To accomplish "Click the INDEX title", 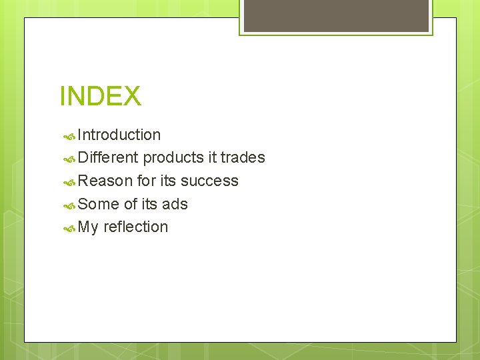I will pyautogui.click(x=100, y=96).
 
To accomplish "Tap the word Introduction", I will pyautogui.click(x=119, y=135).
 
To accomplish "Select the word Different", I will pyautogui.click(x=108, y=158).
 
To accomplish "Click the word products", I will pyautogui.click(x=173, y=158).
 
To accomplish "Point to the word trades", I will pyautogui.click(x=243, y=158).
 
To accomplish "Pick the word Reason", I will pyautogui.click(x=105, y=181).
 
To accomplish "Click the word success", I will pyautogui.click(x=209, y=181).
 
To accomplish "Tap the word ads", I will pyautogui.click(x=174, y=204).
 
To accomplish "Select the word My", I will pyautogui.click(x=88, y=227).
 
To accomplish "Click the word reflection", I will pyautogui.click(x=136, y=227).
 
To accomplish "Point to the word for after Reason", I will pyautogui.click(x=146, y=181).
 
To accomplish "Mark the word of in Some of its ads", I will pyautogui.click(x=131, y=204).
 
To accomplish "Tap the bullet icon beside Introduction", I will pyautogui.click(x=69, y=136).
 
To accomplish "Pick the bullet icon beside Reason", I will pyautogui.click(x=69, y=182).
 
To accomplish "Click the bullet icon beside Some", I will pyautogui.click(x=69, y=205).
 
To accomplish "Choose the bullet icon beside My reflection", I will pyautogui.click(x=69, y=228).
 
